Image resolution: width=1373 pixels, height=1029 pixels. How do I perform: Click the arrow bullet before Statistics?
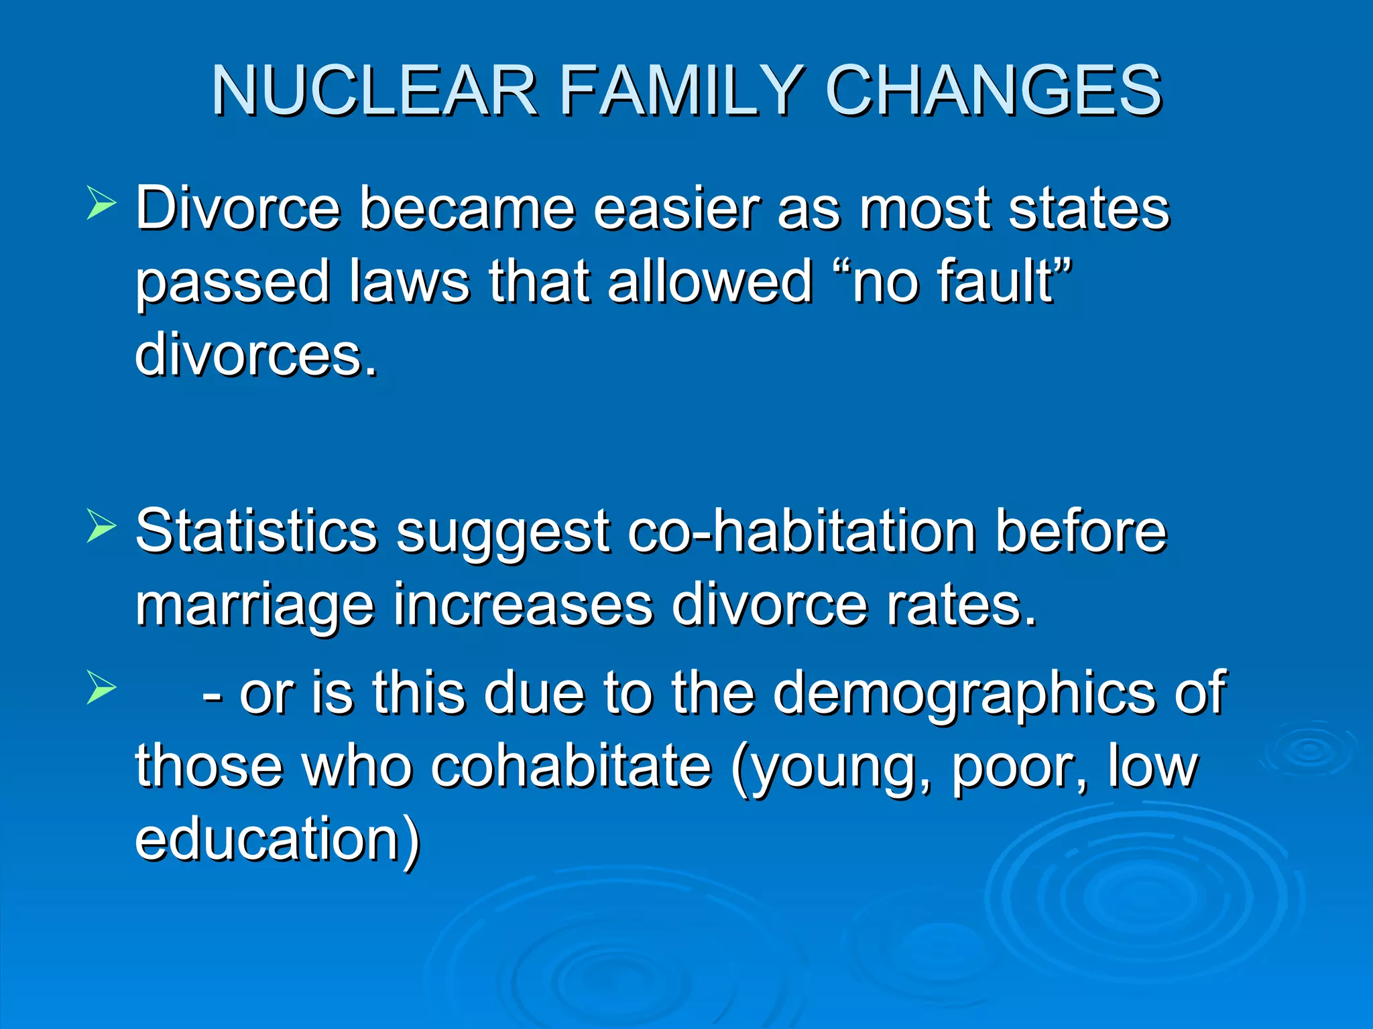[101, 527]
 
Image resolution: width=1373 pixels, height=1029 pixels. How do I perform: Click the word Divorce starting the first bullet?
[237, 208]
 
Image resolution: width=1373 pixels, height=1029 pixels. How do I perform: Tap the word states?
[1089, 208]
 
